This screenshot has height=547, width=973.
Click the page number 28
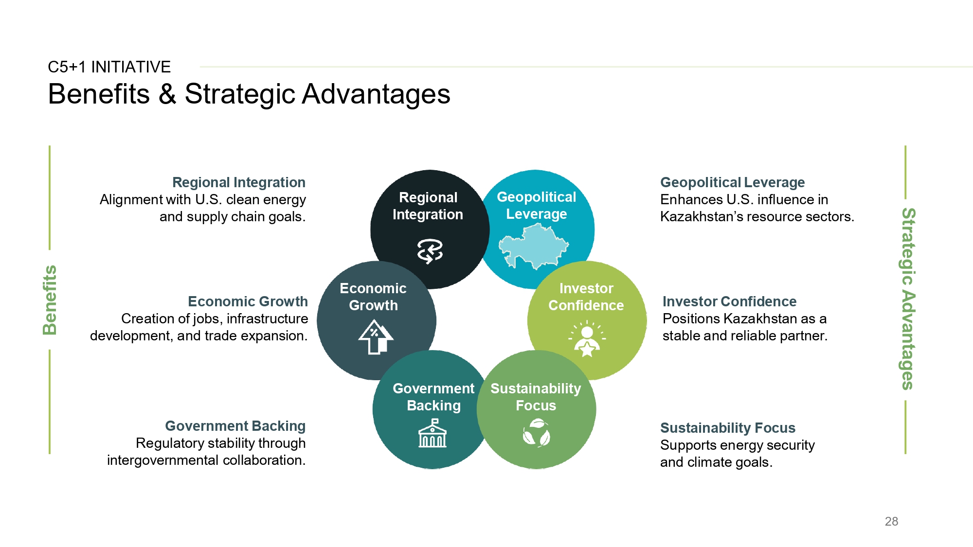point(891,521)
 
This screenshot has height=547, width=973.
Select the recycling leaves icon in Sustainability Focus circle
point(536,433)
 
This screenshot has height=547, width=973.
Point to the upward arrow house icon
point(376,336)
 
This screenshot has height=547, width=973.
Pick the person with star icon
point(587,339)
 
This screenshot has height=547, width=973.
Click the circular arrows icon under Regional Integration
point(430,251)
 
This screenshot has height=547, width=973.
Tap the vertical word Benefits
point(50,300)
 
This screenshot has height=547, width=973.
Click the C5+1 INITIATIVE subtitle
point(109,67)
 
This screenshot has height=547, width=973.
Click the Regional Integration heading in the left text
point(239,182)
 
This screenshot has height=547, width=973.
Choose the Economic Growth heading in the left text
point(248,301)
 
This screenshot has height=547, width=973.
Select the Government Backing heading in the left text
point(235,426)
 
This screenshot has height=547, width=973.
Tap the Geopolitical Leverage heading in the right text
point(732,182)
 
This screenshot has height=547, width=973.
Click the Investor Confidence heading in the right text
point(729,301)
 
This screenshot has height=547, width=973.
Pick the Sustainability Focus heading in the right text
point(727,428)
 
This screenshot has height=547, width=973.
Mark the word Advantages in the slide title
point(376,94)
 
